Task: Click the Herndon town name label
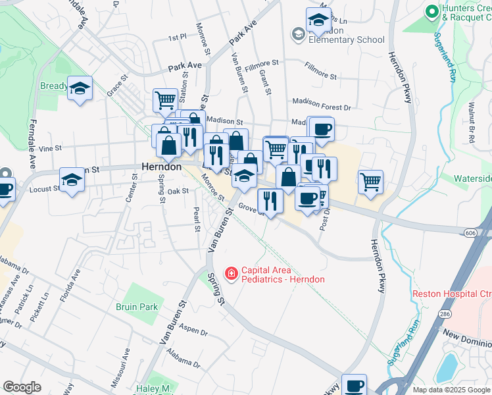pos(161,167)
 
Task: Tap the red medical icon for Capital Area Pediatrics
pos(231,273)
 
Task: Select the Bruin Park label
pos(136,307)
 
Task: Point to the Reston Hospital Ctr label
pos(451,293)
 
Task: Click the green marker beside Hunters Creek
pos(431,11)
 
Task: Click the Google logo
pos(22,387)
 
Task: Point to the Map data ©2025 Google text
pos(451,390)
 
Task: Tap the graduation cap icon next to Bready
pos(80,88)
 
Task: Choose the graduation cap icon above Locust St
pos(72,178)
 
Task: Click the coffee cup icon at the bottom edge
pos(354,385)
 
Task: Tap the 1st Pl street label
pos(177,38)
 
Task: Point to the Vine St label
pos(49,149)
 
